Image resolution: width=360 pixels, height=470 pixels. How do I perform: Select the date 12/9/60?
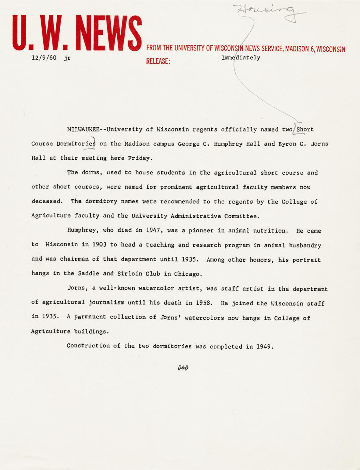(x=44, y=58)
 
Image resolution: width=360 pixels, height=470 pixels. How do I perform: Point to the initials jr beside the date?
(x=67, y=58)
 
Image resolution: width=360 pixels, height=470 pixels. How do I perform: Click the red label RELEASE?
(x=158, y=61)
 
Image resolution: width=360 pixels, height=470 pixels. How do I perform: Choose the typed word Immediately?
(x=241, y=58)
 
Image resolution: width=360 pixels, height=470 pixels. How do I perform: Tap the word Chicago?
(x=188, y=274)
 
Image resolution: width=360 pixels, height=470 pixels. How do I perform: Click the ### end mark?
(x=183, y=368)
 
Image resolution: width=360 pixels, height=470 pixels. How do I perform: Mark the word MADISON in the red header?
(x=297, y=49)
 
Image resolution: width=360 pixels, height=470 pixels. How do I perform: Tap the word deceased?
(x=47, y=201)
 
